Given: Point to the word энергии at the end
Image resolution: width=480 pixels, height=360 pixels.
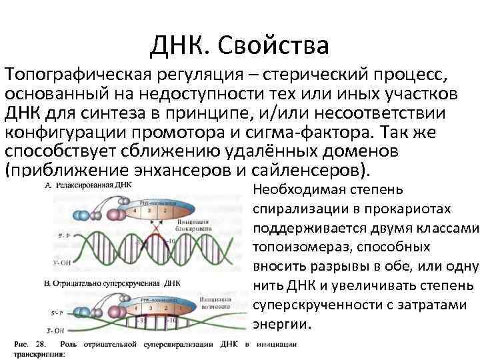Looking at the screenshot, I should (281, 325).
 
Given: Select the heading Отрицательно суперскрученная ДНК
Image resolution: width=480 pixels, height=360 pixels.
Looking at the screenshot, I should (120, 283).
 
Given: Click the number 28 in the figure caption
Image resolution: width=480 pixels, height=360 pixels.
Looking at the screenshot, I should (41, 344).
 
